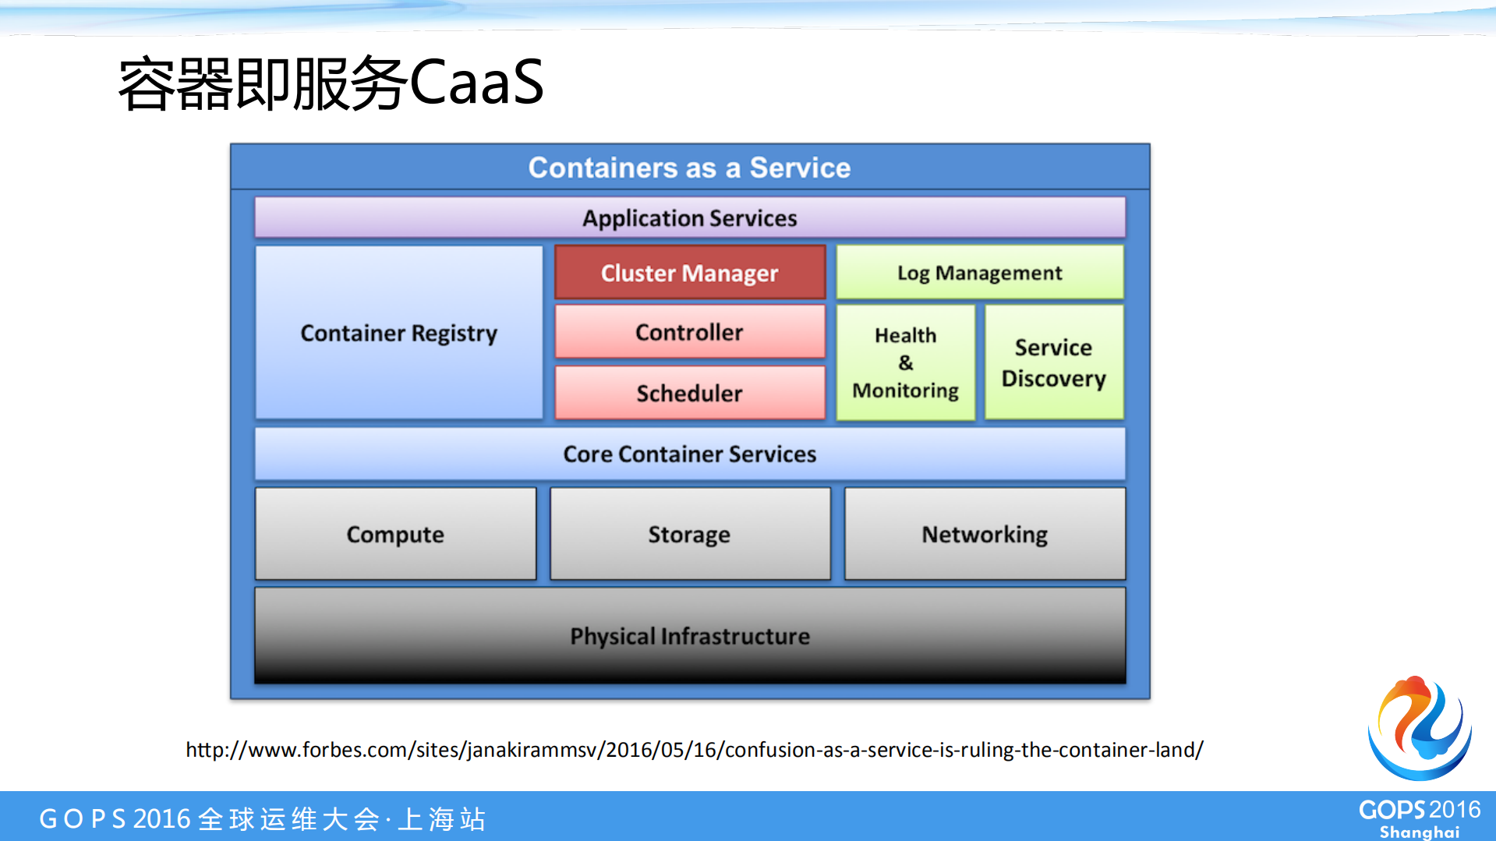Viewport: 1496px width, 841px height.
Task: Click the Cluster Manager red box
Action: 689,273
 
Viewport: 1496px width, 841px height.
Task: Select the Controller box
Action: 689,332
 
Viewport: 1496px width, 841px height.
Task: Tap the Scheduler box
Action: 689,393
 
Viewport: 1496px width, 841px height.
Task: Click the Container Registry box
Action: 398,333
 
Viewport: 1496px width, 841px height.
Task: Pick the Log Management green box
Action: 979,273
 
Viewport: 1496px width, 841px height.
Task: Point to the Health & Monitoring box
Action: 905,362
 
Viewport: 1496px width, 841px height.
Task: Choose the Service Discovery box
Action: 1053,362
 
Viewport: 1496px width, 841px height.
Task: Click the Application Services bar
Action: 689,217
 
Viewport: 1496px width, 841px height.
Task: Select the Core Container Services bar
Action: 689,454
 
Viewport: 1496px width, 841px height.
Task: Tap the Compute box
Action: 395,534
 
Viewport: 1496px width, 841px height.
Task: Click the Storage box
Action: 689,534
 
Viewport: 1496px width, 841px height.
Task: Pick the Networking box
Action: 985,534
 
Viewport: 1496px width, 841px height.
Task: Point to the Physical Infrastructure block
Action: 689,636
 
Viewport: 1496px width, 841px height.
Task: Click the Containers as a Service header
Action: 689,168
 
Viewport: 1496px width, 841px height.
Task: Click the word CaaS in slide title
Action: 476,83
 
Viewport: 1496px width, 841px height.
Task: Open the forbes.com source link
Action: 694,750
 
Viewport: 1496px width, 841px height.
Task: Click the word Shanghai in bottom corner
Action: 1419,832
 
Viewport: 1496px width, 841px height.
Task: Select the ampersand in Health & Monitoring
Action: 905,362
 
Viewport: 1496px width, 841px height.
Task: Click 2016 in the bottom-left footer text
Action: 161,819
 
